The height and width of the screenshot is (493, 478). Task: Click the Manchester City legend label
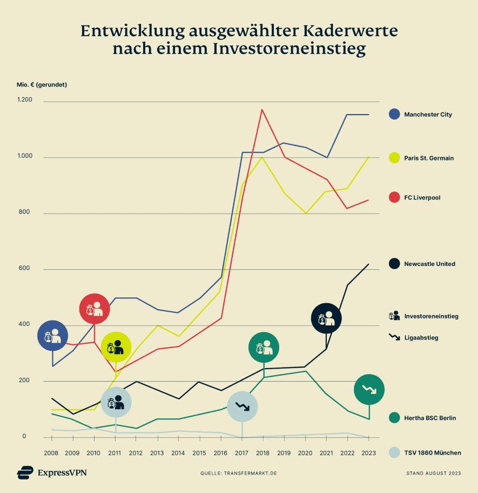click(428, 115)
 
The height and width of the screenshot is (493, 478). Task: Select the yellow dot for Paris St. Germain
click(395, 158)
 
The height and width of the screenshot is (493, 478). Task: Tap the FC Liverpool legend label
click(422, 198)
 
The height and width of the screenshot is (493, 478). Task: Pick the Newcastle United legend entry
click(429, 264)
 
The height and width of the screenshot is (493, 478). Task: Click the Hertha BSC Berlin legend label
click(430, 418)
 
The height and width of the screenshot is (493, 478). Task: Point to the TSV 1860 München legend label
click(432, 452)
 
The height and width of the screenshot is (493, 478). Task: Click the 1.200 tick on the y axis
click(24, 101)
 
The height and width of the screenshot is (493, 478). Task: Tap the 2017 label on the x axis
click(241, 452)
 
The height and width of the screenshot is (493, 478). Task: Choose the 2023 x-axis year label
click(368, 452)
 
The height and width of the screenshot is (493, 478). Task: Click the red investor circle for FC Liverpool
click(95, 309)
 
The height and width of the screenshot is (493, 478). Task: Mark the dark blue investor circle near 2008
click(52, 336)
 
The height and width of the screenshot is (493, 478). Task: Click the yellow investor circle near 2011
click(116, 347)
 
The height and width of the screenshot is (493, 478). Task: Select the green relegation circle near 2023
click(369, 389)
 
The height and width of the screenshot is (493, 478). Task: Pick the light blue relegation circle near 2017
click(242, 407)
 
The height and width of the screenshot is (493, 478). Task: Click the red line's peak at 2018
click(262, 110)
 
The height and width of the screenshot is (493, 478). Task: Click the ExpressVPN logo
click(52, 472)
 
